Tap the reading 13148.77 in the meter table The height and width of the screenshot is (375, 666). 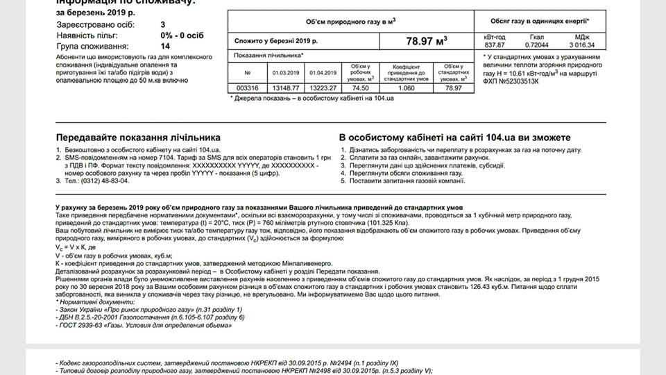coord(284,88)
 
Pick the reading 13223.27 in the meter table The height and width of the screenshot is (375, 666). coord(323,88)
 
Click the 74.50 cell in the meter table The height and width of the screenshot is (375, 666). coord(359,88)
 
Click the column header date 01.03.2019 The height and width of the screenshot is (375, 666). coord(284,72)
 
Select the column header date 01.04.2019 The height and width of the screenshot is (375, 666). coord(323,72)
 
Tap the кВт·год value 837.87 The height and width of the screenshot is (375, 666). coord(494,44)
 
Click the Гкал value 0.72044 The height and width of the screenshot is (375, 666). coord(536,44)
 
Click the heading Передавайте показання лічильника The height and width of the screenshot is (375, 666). coord(138,137)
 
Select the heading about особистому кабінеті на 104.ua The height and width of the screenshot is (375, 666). coord(455,137)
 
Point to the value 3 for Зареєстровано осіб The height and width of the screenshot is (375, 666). coord(162,24)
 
